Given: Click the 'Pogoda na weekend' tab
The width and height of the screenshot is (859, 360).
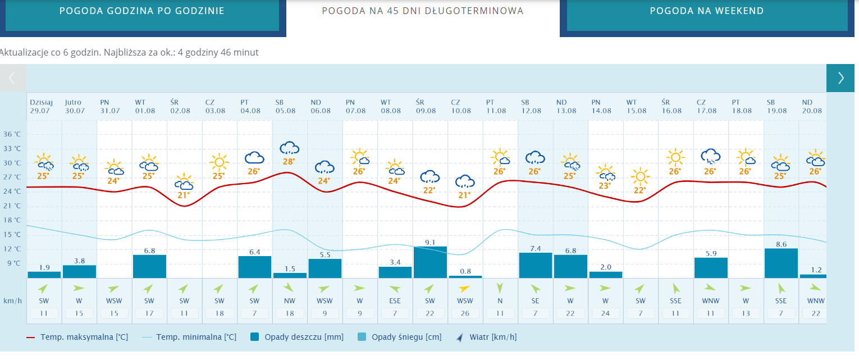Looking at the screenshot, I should (706, 11).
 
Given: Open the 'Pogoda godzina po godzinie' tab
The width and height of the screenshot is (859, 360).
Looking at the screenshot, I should (142, 11).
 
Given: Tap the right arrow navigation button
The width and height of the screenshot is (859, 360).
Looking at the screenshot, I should (840, 78).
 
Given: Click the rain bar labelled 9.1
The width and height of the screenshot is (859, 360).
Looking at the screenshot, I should (430, 262).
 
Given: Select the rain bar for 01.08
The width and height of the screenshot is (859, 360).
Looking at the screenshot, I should (149, 266).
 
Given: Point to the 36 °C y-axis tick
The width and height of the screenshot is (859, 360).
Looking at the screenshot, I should (12, 135).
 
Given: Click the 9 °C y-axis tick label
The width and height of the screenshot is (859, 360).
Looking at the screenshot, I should (13, 263).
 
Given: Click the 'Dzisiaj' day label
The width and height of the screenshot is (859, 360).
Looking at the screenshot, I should (41, 102).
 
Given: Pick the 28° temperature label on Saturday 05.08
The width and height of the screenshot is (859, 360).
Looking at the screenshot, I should (289, 162).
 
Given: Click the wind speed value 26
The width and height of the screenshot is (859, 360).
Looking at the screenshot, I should (465, 313).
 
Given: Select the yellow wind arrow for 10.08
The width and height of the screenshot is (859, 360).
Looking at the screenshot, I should (464, 289).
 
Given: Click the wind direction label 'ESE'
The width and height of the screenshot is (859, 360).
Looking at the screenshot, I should (395, 300).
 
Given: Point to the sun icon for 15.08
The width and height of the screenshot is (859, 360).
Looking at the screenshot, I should (639, 177).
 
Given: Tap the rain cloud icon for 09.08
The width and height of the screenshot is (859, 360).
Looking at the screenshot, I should (430, 177).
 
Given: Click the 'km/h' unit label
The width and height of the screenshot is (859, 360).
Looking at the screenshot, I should (12, 300).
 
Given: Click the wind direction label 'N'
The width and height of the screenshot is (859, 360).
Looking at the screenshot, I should (500, 300).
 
